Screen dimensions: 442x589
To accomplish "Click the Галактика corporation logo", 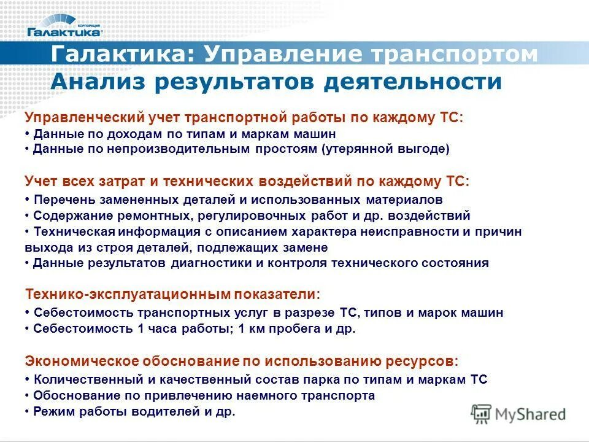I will pyautogui.click(x=64, y=26).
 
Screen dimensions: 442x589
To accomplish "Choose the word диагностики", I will pyautogui.click(x=228, y=263).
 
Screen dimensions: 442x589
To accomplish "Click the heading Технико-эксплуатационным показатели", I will pyautogui.click(x=172, y=294).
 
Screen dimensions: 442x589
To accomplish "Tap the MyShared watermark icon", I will pyautogui.click(x=482, y=413).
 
